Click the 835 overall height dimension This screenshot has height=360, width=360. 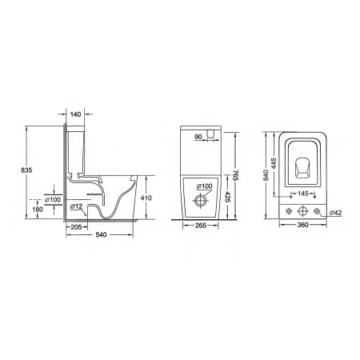pyautogui.click(x=26, y=170)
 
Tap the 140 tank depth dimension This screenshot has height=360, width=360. pyautogui.click(x=75, y=114)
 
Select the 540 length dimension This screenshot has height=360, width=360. pyautogui.click(x=101, y=234)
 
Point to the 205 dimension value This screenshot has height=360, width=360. pyautogui.click(x=76, y=227)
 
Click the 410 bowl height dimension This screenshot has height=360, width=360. pyautogui.click(x=146, y=198)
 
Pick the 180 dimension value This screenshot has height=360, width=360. pyautogui.click(x=38, y=210)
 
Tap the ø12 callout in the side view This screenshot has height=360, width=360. pyautogui.click(x=77, y=206)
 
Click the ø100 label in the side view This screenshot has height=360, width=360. pyautogui.click(x=53, y=199)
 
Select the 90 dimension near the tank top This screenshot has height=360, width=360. pyautogui.click(x=198, y=137)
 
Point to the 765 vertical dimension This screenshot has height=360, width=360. pyautogui.click(x=236, y=174)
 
